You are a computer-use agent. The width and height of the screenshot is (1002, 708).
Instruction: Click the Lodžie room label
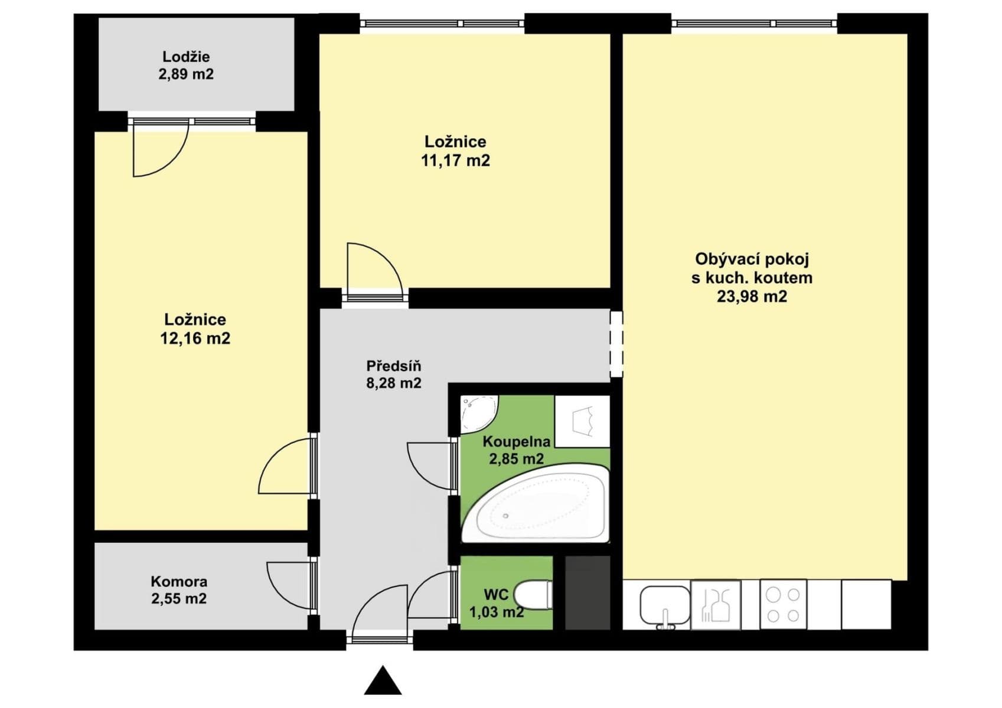(x=186, y=57)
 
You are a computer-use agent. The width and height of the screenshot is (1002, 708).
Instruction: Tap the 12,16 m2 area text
(x=195, y=338)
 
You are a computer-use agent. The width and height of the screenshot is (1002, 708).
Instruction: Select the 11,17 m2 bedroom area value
(x=455, y=160)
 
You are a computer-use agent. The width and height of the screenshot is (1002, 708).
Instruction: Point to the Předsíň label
(x=393, y=366)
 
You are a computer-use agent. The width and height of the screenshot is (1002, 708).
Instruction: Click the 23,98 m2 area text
(x=752, y=296)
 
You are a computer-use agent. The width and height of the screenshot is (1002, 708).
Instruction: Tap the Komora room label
(x=179, y=581)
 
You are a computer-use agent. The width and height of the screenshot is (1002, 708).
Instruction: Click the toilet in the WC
(x=533, y=594)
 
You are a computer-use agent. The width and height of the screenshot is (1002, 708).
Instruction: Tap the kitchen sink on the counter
(x=665, y=605)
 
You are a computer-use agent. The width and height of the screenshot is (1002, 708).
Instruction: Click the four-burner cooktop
(x=783, y=605)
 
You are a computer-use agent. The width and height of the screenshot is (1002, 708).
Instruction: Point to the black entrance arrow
(x=383, y=681)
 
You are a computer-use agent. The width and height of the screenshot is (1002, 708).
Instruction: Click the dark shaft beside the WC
(x=588, y=592)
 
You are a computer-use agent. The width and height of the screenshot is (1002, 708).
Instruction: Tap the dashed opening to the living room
(x=616, y=344)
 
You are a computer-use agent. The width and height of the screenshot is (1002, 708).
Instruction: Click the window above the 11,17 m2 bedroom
(x=442, y=24)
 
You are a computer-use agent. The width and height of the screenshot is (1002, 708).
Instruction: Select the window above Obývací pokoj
(x=754, y=24)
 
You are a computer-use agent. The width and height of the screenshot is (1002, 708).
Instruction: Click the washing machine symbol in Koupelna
(x=583, y=421)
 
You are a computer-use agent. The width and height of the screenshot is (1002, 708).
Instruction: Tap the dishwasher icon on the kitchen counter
(x=716, y=605)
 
